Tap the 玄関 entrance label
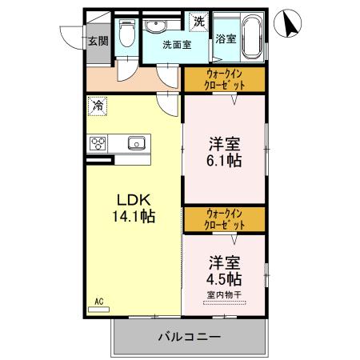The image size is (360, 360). point(98,41)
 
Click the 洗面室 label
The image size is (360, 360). point(176,45)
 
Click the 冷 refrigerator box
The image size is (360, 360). point(98,105)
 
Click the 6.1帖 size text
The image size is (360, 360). point(224,159)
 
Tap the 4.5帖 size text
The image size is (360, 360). point(224,279)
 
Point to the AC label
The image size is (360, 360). point(99,301)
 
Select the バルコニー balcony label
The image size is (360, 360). point(188,336)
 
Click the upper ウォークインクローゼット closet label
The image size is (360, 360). point(224,79)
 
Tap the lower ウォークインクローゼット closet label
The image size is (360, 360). point(224,219)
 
